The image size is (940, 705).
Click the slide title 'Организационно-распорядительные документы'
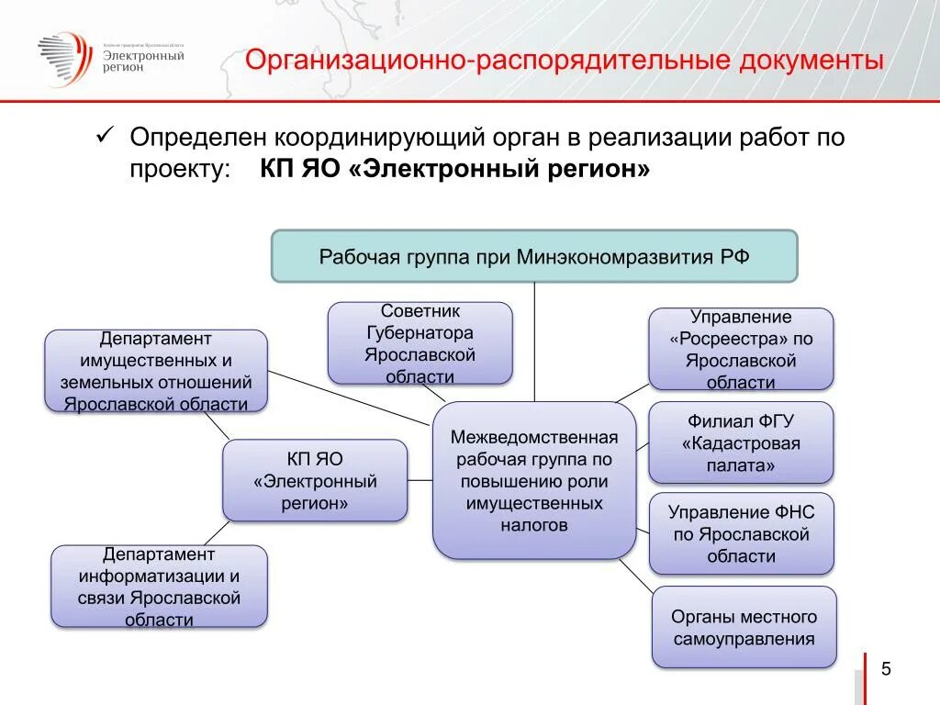pyautogui.click(x=564, y=62)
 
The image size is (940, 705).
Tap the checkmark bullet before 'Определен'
pyautogui.click(x=105, y=136)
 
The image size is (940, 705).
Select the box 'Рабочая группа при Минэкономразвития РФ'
pyautogui.click(x=534, y=255)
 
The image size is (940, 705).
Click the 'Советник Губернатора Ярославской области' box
pyautogui.click(x=420, y=342)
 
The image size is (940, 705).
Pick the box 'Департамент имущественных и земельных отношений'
pyautogui.click(x=156, y=371)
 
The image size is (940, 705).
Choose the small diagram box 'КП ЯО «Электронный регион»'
pyautogui.click(x=315, y=480)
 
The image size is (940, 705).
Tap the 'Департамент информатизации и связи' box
pyautogui.click(x=159, y=586)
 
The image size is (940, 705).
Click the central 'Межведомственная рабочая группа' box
pyautogui.click(x=534, y=480)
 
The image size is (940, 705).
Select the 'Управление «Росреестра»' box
pyautogui.click(x=741, y=349)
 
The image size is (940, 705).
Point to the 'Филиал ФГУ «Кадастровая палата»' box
pyautogui.click(x=741, y=442)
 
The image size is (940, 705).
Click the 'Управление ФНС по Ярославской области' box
pyautogui.click(x=741, y=533)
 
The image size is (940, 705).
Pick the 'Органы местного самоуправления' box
pyautogui.click(x=744, y=627)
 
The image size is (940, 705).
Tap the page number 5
pyautogui.click(x=886, y=668)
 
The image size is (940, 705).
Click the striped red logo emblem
pyautogui.click(x=65, y=58)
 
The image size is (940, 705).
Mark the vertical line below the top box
pyautogui.click(x=534, y=340)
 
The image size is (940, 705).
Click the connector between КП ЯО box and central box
pyautogui.click(x=420, y=480)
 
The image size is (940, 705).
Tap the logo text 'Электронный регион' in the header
pyautogui.click(x=144, y=62)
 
